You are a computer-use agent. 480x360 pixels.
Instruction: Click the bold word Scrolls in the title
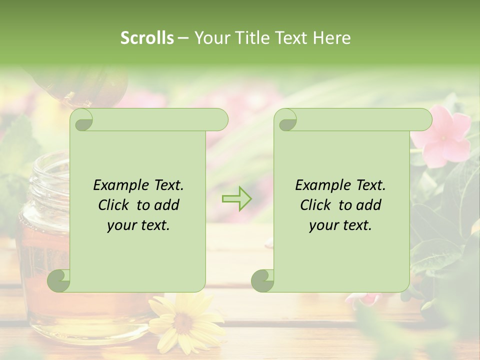(x=147, y=37)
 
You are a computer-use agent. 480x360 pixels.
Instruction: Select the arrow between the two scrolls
(x=236, y=199)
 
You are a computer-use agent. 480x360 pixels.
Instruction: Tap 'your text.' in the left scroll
(x=138, y=225)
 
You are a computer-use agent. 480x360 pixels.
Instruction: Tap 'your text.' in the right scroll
(x=340, y=225)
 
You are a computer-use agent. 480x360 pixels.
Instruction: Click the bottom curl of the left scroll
(x=59, y=281)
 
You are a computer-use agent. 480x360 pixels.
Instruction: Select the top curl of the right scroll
(x=286, y=120)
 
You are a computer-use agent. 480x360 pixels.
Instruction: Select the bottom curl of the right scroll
(x=262, y=281)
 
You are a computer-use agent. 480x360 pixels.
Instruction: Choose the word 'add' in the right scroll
(x=369, y=205)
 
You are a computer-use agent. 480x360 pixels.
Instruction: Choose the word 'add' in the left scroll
(x=167, y=205)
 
